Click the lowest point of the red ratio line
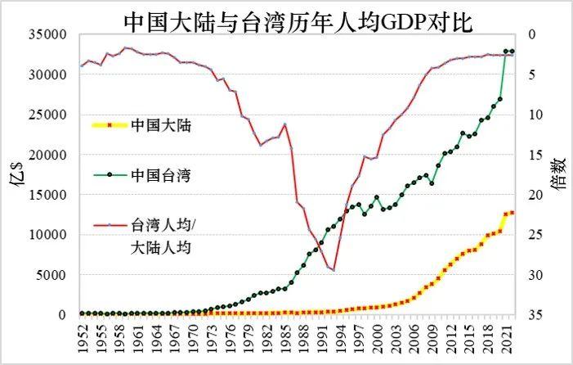[334, 270]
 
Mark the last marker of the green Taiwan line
[512, 52]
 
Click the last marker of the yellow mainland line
[512, 213]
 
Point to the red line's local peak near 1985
[284, 124]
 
